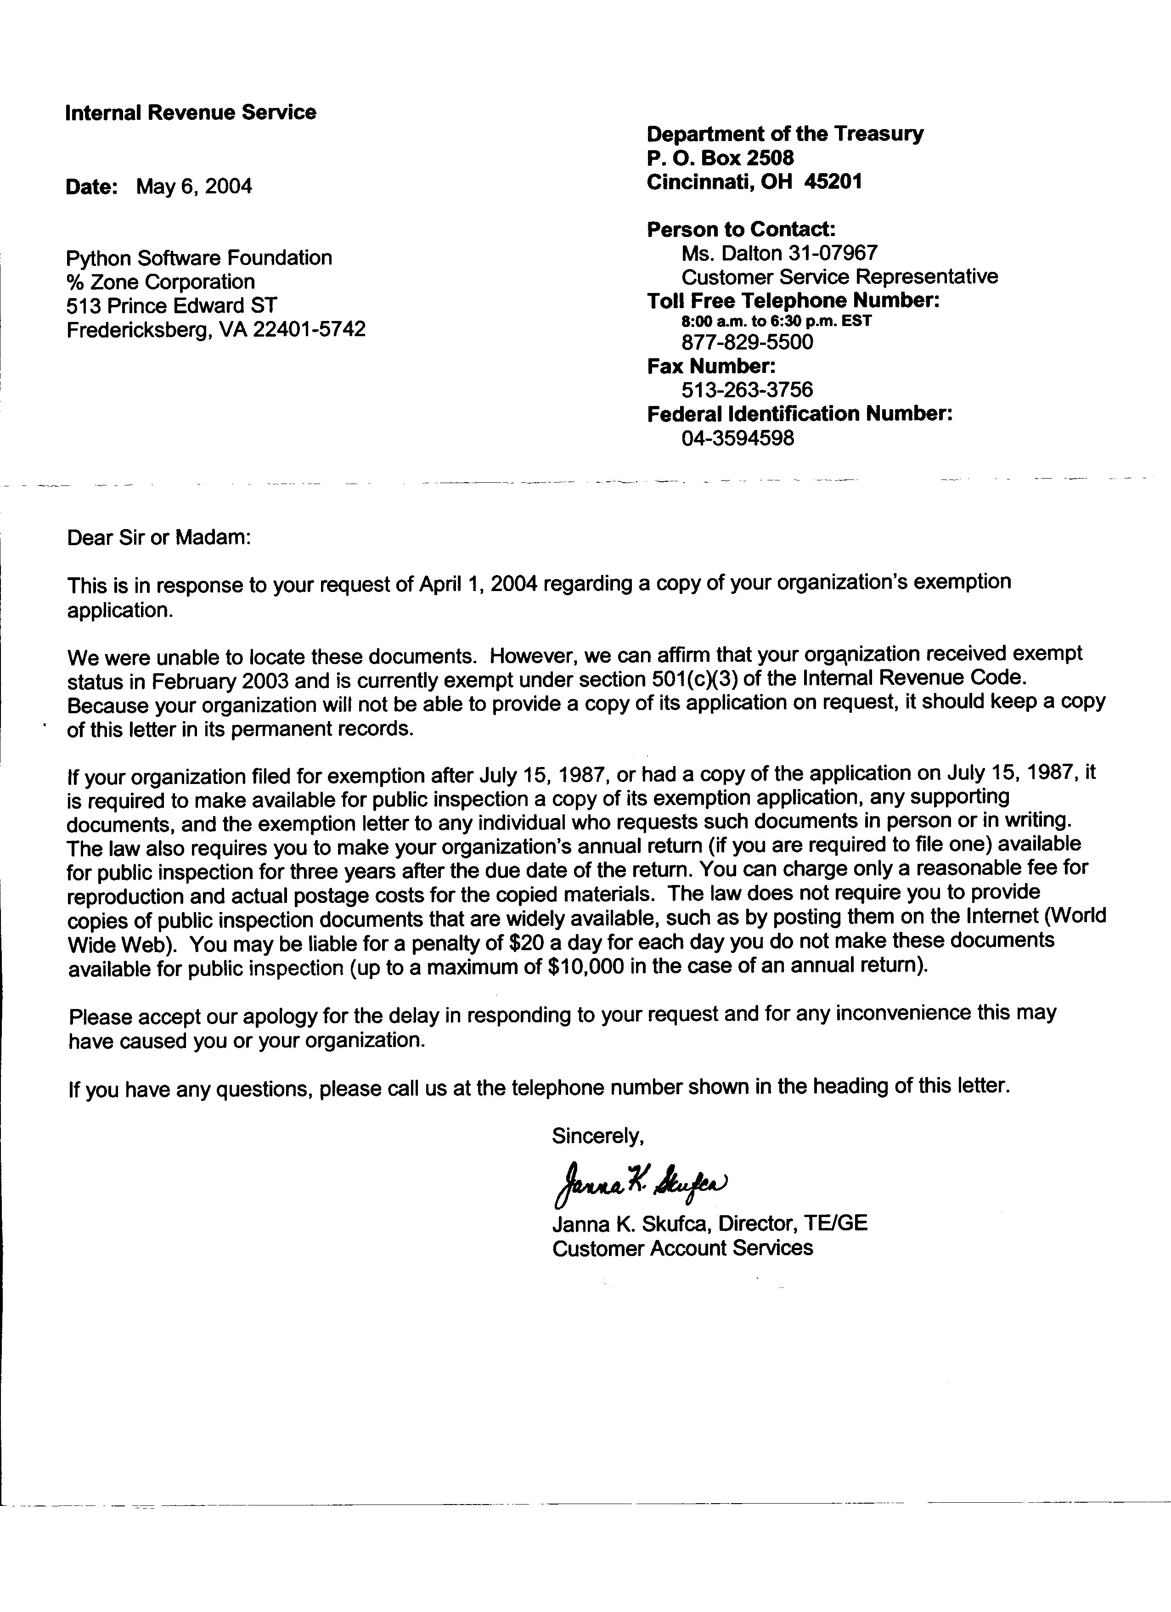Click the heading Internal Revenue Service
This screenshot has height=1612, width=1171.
(191, 113)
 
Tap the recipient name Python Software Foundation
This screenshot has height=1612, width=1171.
(199, 257)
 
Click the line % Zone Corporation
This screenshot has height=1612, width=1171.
(161, 282)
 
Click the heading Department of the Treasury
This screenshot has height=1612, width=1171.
(785, 134)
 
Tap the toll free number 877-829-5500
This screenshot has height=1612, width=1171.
(747, 343)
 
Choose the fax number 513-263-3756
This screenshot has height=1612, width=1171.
(747, 389)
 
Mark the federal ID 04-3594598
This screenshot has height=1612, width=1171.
(738, 438)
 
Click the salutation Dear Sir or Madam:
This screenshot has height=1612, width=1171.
(159, 537)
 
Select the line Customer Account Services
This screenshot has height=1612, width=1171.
(682, 1248)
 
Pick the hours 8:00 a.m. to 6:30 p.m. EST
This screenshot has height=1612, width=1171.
(776, 321)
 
